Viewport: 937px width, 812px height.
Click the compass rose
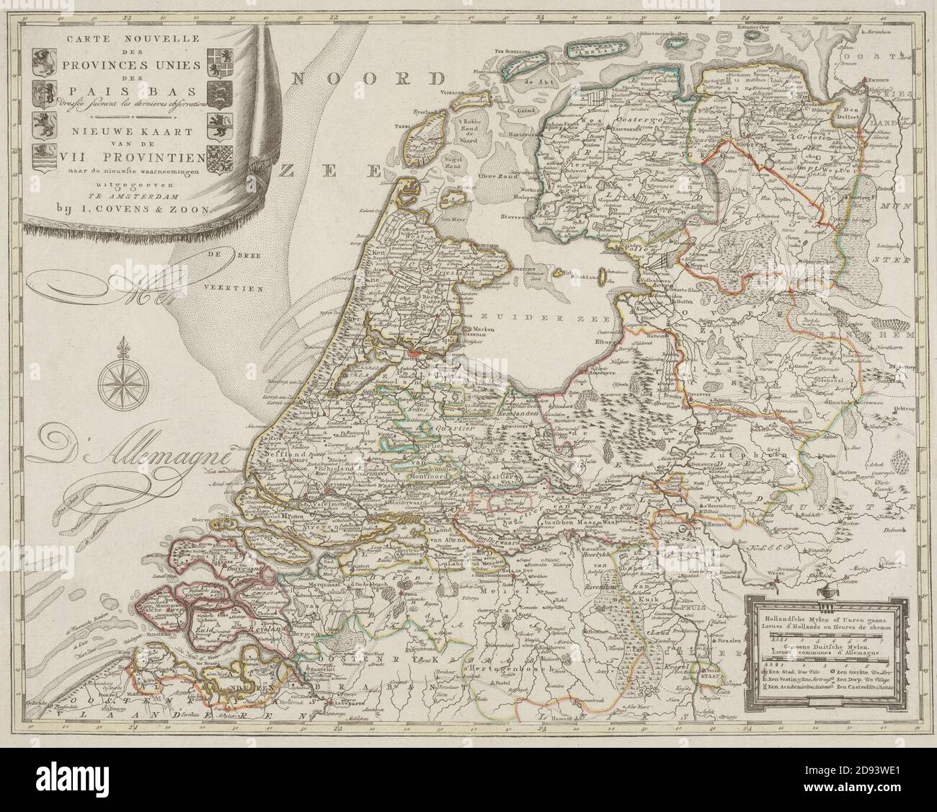pyautogui.click(x=119, y=382)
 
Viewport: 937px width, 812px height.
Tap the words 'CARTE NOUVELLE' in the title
pyautogui.click(x=122, y=37)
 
